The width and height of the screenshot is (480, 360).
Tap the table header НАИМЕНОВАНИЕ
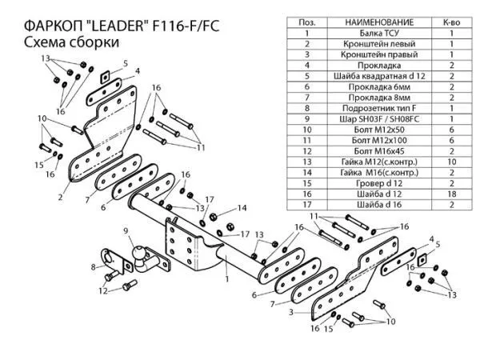click(x=379, y=22)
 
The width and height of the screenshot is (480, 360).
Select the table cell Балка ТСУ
click(x=379, y=33)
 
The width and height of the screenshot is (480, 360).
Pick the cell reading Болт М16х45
click(x=379, y=151)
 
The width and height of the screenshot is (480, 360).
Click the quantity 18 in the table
click(x=451, y=194)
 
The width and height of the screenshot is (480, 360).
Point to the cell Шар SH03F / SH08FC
click(x=379, y=119)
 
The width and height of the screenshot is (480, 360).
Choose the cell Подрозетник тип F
click(x=379, y=108)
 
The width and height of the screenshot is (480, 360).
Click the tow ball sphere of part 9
click(x=138, y=252)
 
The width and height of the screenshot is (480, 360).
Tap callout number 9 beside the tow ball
click(x=126, y=231)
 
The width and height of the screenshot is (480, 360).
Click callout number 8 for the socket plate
click(x=94, y=267)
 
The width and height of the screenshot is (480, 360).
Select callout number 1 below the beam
click(x=227, y=279)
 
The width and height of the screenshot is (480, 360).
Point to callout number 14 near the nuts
click(x=242, y=208)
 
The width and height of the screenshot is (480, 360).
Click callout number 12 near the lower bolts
click(x=103, y=290)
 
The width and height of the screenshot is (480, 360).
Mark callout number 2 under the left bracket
click(x=60, y=197)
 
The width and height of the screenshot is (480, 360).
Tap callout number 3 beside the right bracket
click(x=291, y=312)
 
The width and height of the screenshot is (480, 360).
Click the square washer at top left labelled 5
click(x=105, y=77)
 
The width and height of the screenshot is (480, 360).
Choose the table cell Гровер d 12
click(x=379, y=183)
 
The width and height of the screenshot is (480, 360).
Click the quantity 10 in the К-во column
click(x=451, y=162)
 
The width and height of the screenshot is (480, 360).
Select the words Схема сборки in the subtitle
click(x=71, y=42)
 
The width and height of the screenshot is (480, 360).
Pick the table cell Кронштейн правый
click(x=379, y=54)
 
